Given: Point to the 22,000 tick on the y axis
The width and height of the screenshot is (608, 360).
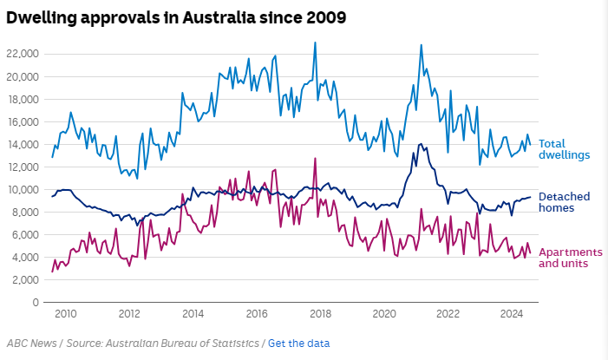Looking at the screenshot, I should pos(23,54).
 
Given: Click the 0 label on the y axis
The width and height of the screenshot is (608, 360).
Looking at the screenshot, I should pos(36,303).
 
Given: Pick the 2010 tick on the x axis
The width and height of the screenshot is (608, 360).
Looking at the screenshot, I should pos(66,315).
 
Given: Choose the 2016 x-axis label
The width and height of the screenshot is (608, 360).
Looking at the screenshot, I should pos(257,315).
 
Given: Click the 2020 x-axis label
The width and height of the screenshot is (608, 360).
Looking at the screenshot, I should pos(384,315).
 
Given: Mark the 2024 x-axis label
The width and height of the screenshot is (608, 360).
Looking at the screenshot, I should pos(512,315).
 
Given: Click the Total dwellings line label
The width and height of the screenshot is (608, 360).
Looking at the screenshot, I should pos(565,149).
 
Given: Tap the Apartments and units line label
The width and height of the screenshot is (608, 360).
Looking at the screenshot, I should pos(565,257).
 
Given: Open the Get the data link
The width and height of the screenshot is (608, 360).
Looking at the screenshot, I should pos(298,344).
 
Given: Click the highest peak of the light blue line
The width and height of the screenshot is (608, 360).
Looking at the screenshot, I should pos(315,43).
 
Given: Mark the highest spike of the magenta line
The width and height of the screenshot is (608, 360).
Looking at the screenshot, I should pos(315,158).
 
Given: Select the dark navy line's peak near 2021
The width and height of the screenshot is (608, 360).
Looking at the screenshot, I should pos(422,144).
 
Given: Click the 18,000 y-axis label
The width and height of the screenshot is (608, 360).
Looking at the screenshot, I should pos(23,99).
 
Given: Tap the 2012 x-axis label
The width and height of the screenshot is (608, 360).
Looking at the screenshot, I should pos(129,315).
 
